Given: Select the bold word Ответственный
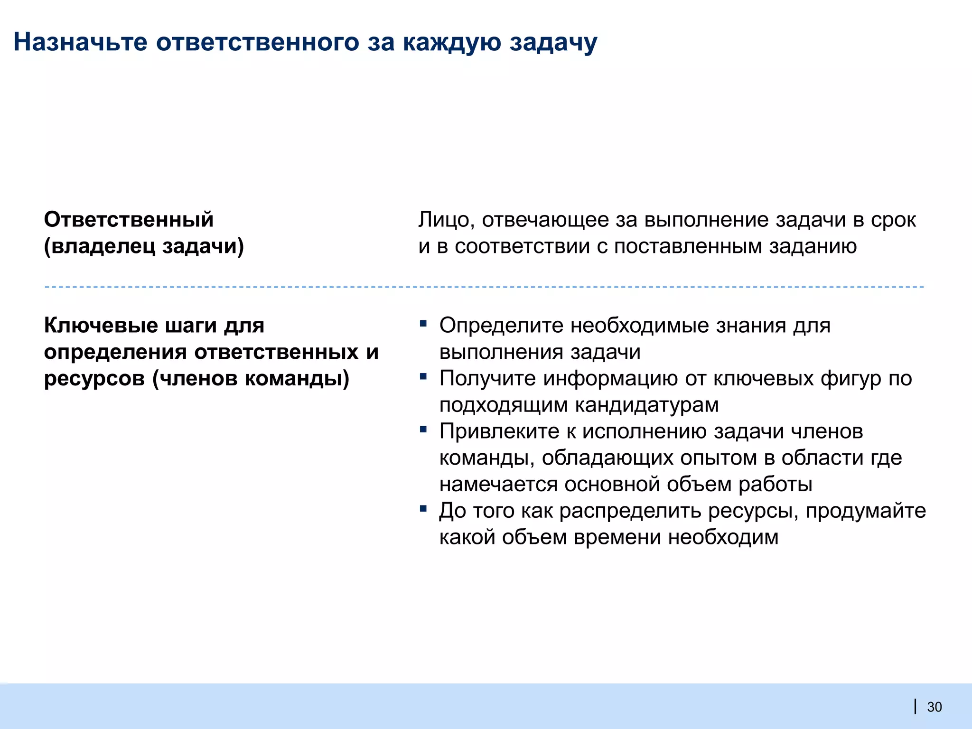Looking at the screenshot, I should [129, 220].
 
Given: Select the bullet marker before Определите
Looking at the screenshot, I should [423, 324].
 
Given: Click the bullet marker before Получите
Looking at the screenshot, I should [423, 377].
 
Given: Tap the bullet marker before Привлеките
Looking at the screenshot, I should [423, 430].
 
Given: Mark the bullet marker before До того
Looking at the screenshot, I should [423, 509].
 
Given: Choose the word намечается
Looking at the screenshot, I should [498, 485].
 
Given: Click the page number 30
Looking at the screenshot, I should [934, 707].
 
